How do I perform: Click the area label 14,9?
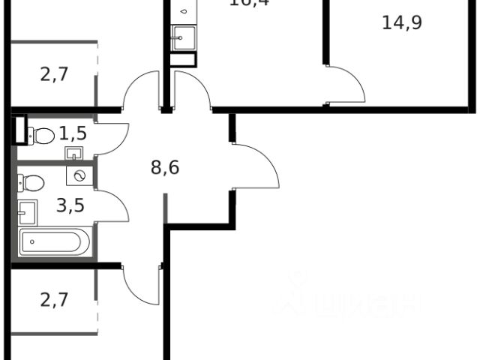point(402,22)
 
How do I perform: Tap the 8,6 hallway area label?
point(164,166)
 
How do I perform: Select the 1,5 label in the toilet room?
point(73,134)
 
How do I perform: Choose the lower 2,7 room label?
point(54,301)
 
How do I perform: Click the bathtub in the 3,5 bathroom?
point(54,243)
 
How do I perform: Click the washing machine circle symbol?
point(79,175)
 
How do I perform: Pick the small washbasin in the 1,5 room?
point(73,154)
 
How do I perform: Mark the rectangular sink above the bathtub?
point(28,214)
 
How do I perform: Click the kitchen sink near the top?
point(181,38)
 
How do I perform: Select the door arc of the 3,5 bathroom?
point(110,207)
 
